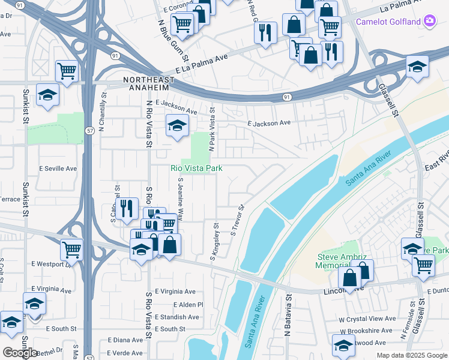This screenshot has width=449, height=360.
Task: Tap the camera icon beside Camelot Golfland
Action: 430,21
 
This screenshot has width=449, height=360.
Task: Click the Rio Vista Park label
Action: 197,169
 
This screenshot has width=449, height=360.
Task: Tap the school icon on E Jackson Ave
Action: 177,126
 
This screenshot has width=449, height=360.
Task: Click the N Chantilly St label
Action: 103,112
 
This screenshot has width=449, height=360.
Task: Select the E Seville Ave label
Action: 58,169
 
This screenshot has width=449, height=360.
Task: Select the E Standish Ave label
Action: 176,317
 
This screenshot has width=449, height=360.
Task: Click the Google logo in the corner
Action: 20,353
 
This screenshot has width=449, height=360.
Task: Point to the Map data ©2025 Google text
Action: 412,355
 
